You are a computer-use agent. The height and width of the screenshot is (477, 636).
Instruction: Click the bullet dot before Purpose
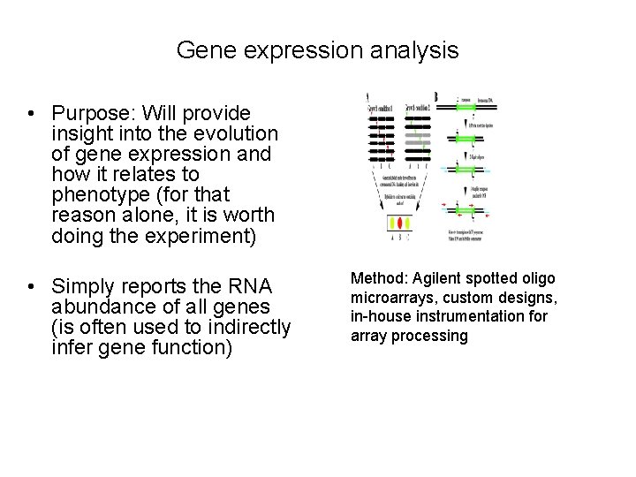pos(30,115)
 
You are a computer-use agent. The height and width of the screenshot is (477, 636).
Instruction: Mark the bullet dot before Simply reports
pos(30,287)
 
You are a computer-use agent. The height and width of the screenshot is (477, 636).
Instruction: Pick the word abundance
pos(103,307)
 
